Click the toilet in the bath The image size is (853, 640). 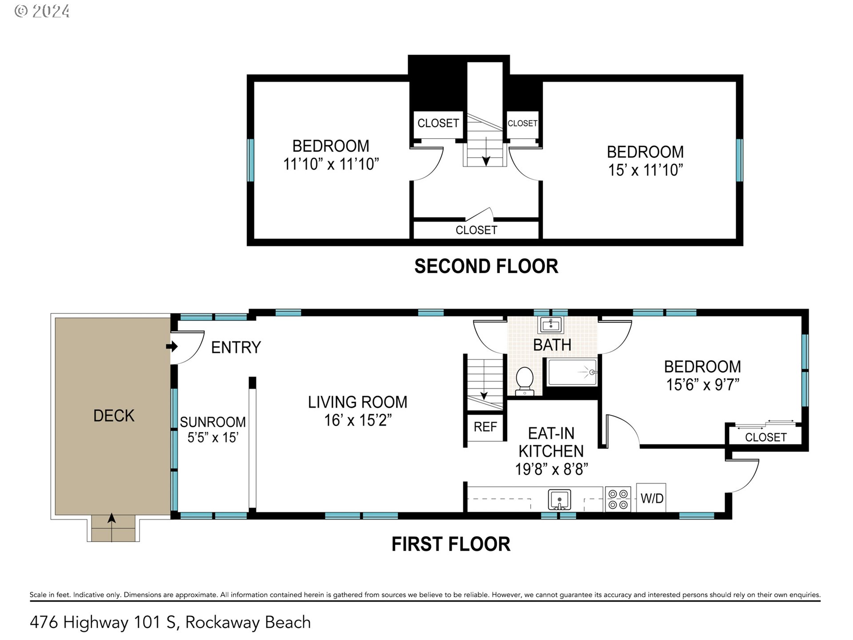pos(525,380)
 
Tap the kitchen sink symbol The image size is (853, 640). pos(559,500)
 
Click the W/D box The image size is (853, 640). pos(651,498)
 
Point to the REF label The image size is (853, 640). pos(485,427)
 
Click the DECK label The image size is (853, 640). pos(114,416)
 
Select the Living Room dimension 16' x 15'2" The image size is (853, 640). pos(358,420)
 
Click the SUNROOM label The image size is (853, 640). pos(213,422)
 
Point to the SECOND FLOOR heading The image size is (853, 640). pos(486,266)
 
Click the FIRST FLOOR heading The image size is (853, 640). pos(450,544)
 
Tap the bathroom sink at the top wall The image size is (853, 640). pos(551,325)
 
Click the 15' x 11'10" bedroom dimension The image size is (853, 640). pos(645,170)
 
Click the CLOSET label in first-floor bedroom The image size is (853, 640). pos(765,437)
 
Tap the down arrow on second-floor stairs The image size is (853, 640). pos(486,159)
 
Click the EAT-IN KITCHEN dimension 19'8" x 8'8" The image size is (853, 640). pos(551,469)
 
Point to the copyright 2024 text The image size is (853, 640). pos(42,11)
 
